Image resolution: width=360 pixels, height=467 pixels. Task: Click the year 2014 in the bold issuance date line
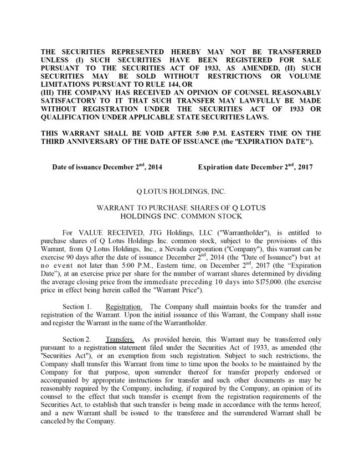pyautogui.click(x=153, y=167)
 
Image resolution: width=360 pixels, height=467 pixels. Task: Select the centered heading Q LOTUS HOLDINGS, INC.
pyautogui.click(x=181, y=191)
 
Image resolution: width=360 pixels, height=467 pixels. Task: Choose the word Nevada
pyautogui.click(x=164, y=249)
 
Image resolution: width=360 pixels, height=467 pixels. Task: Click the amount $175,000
pyautogui.click(x=269, y=282)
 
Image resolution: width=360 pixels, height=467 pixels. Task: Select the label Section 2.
pyautogui.click(x=76, y=339)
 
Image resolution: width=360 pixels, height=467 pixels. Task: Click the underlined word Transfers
pyautogui.click(x=120, y=339)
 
